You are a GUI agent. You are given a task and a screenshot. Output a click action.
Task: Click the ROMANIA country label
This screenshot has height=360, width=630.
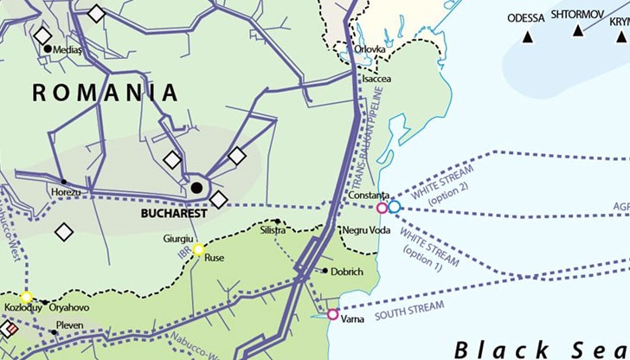pyautogui.click(x=106, y=93)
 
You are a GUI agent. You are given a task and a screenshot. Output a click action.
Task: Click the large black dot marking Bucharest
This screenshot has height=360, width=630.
pyautogui.click(x=197, y=187)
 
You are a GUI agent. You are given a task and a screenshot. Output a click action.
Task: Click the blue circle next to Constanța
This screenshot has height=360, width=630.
pyautogui.click(x=395, y=208)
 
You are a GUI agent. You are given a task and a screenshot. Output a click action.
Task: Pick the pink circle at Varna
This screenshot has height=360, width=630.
pyautogui.click(x=333, y=314)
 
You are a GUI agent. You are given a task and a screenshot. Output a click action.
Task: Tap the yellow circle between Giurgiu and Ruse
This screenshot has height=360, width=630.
pyautogui.click(x=198, y=250)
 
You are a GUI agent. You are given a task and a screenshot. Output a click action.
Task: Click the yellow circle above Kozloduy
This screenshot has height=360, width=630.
pyautogui.click(x=26, y=297)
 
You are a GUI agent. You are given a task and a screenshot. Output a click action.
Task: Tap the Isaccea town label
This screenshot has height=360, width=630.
pyautogui.click(x=376, y=78)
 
